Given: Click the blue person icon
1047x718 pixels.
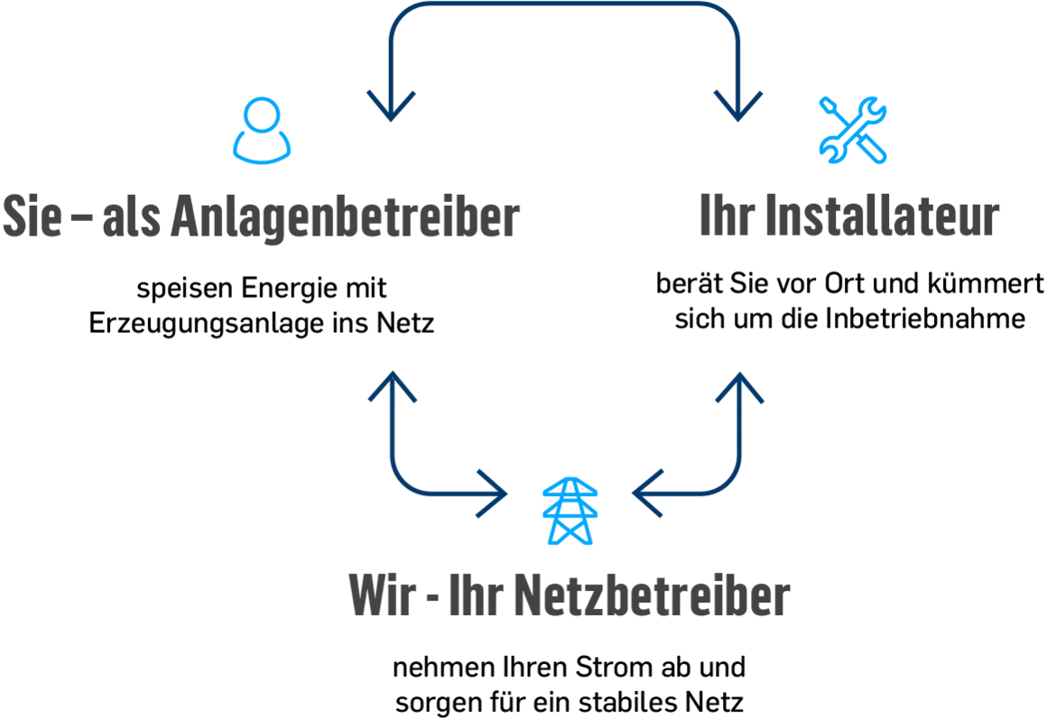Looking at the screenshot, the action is click(262, 131).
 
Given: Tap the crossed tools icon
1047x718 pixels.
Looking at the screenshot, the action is click(853, 131).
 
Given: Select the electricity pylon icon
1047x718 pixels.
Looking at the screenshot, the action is click(570, 511).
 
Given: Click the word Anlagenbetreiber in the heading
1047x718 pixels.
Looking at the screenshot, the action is click(345, 217).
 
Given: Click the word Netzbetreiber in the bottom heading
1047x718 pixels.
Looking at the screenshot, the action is click(653, 594).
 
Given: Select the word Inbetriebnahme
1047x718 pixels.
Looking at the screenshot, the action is click(925, 318).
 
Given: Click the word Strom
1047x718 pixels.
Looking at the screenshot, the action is click(614, 667).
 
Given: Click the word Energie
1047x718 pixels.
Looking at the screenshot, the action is click(290, 289).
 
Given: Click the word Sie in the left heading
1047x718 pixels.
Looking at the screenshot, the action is click(32, 216).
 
